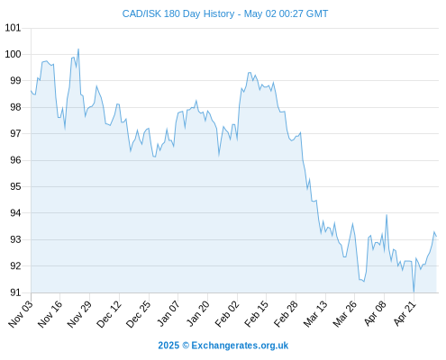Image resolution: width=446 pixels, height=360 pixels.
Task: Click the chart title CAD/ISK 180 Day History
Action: [178, 13]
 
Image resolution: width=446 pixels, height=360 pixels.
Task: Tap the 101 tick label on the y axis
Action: [13, 28]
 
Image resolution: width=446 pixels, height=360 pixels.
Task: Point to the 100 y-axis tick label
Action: [13, 54]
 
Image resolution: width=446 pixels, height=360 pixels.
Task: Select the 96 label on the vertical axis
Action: [15, 160]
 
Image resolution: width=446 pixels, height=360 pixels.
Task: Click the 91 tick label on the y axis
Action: [15, 292]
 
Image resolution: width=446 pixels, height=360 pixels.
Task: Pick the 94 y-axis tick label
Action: [15, 213]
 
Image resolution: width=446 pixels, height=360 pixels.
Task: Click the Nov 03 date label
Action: [21, 313]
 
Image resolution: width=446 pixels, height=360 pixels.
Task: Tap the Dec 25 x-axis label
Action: [138, 313]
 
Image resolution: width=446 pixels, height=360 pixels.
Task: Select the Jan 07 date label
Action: [168, 313]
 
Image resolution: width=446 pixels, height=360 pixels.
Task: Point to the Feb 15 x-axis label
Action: [256, 313]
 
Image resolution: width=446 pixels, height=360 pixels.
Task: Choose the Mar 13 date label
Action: [315, 313]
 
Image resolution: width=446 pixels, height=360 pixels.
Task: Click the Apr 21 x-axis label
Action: [405, 313]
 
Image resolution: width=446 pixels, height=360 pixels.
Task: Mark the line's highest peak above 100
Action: [78, 49]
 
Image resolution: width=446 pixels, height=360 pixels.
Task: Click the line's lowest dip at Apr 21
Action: [414, 292]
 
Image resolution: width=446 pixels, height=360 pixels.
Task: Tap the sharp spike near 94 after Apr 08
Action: [387, 215]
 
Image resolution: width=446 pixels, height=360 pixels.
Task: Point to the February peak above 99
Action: [250, 73]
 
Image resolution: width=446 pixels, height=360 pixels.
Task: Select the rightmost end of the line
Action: [436, 237]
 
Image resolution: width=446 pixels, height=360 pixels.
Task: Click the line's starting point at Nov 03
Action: [31, 90]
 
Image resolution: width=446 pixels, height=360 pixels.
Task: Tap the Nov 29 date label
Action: [79, 313]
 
